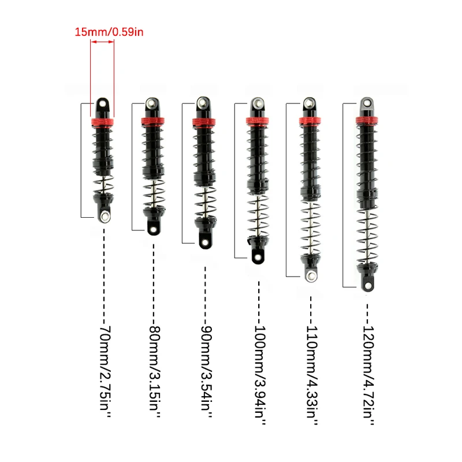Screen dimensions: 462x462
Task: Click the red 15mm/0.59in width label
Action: [x=109, y=32]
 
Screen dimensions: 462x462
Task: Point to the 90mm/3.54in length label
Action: [x=206, y=372]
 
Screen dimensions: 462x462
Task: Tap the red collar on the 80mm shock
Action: [x=153, y=120]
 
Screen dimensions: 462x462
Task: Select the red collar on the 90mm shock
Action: [x=204, y=121]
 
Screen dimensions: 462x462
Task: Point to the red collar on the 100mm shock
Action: [x=258, y=121]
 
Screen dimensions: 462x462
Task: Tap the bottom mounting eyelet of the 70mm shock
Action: [x=106, y=215]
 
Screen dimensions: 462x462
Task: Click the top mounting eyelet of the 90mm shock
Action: [x=203, y=102]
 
